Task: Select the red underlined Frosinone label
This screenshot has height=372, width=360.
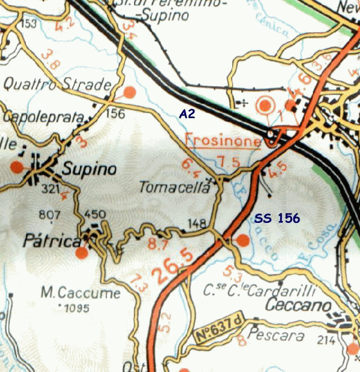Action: [x=222, y=141]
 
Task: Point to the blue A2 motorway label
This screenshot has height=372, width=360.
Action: [x=187, y=113]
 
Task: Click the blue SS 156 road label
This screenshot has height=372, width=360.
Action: [x=276, y=218]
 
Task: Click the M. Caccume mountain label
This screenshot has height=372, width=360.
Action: [x=81, y=294]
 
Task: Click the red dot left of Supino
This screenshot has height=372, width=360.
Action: [x=16, y=167]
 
